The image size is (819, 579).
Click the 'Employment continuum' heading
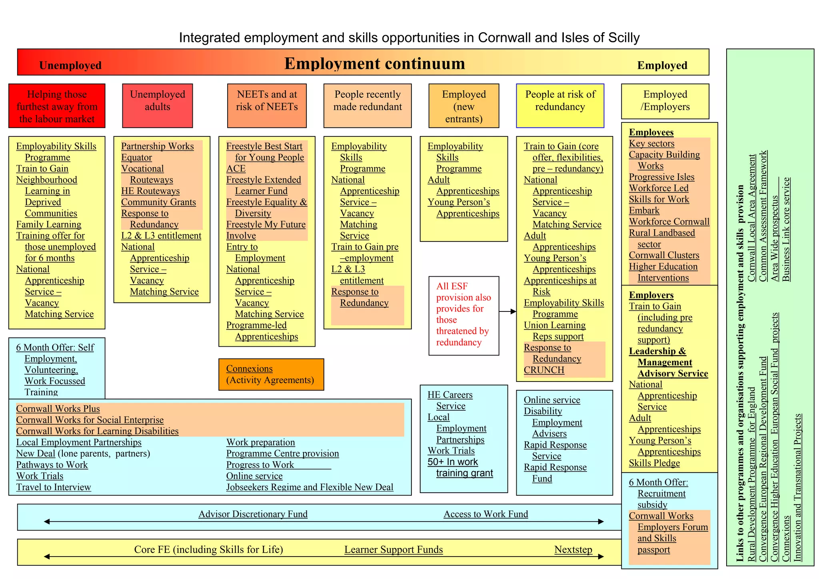374,64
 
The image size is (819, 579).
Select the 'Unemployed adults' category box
158,106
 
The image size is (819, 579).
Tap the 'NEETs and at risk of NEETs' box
267,106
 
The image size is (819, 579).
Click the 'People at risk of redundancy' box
560,106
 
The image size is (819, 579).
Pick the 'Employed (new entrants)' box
463,106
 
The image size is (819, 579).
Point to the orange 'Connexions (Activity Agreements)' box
271,374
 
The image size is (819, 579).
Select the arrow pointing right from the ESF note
507,311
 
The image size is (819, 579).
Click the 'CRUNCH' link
544,370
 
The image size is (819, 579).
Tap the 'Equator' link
136,158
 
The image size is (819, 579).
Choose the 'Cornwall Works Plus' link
58,409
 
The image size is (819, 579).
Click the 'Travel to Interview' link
54,487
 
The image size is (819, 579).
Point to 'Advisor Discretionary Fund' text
253,514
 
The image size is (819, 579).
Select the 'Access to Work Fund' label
485,514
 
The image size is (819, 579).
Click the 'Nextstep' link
573,550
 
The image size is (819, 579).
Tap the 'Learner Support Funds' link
394,550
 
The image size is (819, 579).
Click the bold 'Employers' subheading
651,295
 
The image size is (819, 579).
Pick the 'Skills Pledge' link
654,463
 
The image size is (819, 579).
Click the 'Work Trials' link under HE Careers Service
451,451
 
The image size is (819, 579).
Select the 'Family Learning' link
48,225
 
